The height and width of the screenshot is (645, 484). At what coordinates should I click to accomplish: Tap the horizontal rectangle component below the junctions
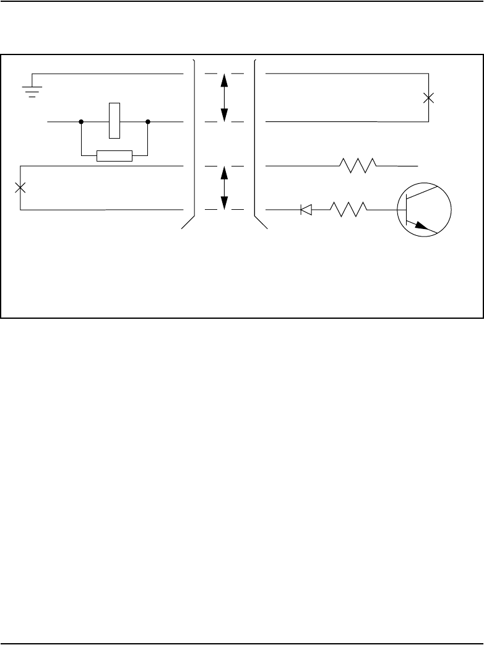(115, 155)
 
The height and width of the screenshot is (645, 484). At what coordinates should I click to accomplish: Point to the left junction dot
(81, 122)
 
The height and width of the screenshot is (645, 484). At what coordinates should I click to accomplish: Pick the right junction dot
(148, 122)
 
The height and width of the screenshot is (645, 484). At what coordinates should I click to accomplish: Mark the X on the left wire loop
(20, 188)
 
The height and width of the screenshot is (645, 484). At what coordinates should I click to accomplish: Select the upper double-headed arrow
(224, 97)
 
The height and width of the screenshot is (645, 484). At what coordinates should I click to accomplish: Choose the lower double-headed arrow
(224, 188)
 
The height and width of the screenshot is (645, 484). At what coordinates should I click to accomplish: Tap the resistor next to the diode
(349, 210)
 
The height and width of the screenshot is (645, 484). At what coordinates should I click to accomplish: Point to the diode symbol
(306, 210)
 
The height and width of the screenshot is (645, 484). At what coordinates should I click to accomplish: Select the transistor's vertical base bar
(406, 209)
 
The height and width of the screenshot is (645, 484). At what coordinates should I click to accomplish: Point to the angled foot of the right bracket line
(262, 223)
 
